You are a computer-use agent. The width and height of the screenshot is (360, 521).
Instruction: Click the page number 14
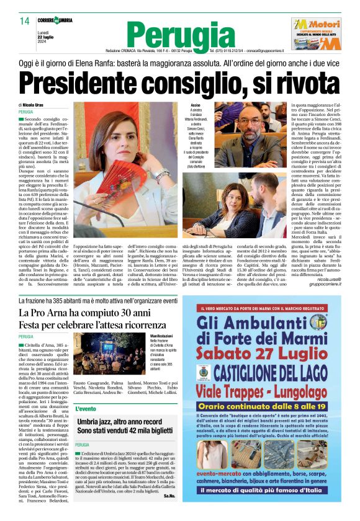24,21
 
